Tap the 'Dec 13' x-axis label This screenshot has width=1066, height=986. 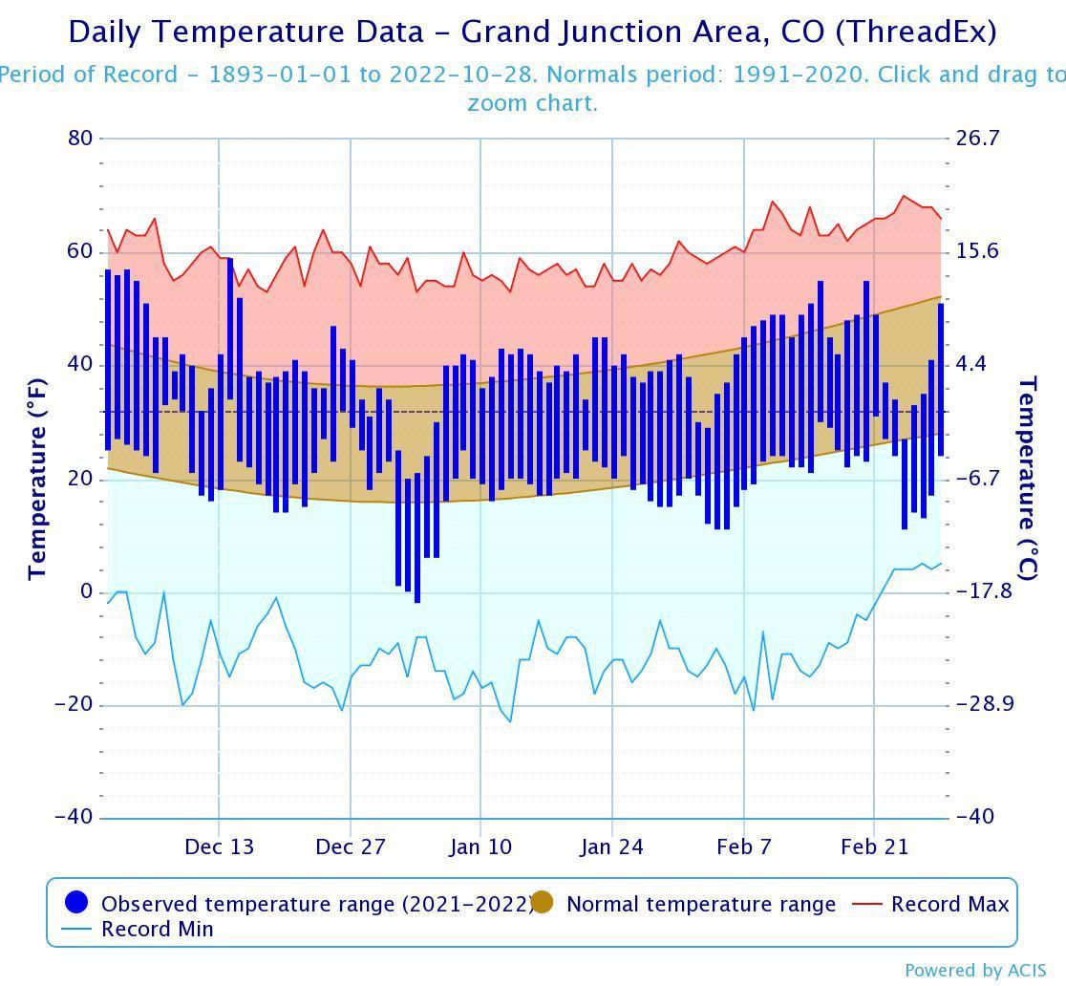[x=220, y=847]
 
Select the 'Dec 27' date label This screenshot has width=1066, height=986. [x=351, y=847]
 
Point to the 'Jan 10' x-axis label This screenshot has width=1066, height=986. [x=481, y=847]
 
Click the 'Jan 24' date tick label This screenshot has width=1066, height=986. [x=612, y=847]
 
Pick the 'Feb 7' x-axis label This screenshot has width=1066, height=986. [x=743, y=847]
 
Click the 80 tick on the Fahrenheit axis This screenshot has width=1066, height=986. [x=80, y=139]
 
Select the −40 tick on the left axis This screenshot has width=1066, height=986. [x=74, y=818]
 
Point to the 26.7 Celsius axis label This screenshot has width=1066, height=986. [x=977, y=139]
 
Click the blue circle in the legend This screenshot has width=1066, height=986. [x=76, y=903]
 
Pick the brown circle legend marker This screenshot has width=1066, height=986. [x=543, y=903]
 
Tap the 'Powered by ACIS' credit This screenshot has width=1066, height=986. [x=975, y=971]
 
